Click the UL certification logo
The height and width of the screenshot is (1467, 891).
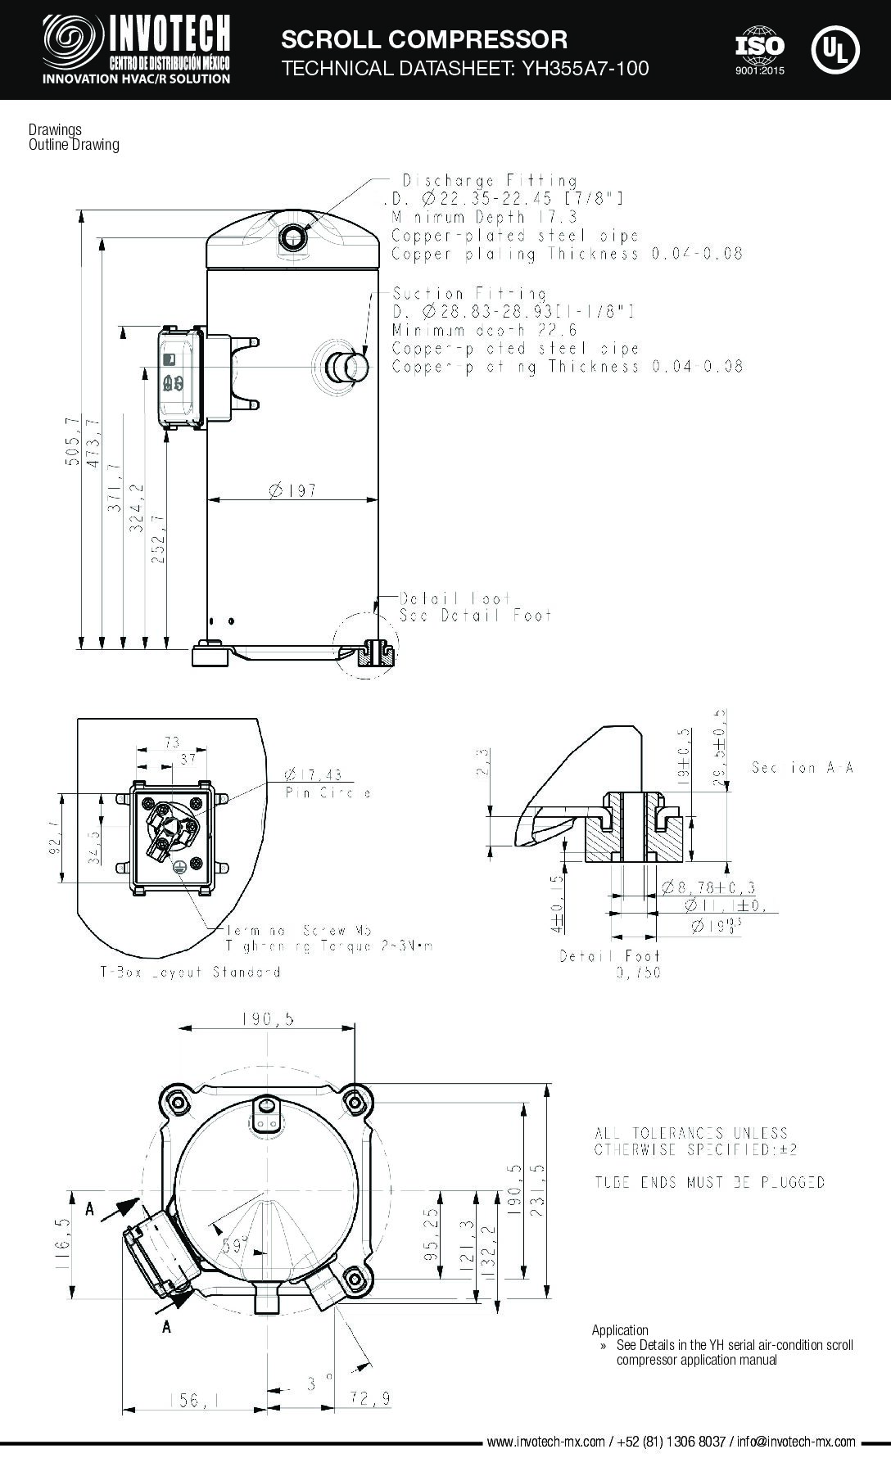point(835,48)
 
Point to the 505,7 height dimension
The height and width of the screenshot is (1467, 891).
point(73,442)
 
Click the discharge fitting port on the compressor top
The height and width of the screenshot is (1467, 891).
point(292,237)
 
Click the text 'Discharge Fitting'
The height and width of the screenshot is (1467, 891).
point(489,180)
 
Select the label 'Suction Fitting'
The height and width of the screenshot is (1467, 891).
point(469,293)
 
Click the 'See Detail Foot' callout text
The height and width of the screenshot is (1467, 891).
point(475,615)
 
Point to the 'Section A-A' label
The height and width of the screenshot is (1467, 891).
point(802,768)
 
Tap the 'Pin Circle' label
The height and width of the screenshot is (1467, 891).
point(328,793)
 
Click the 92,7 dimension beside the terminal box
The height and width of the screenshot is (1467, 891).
point(54,838)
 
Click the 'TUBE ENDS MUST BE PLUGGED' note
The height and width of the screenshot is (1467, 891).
point(708,1182)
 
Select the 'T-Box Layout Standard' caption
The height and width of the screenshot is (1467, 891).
point(190,972)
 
